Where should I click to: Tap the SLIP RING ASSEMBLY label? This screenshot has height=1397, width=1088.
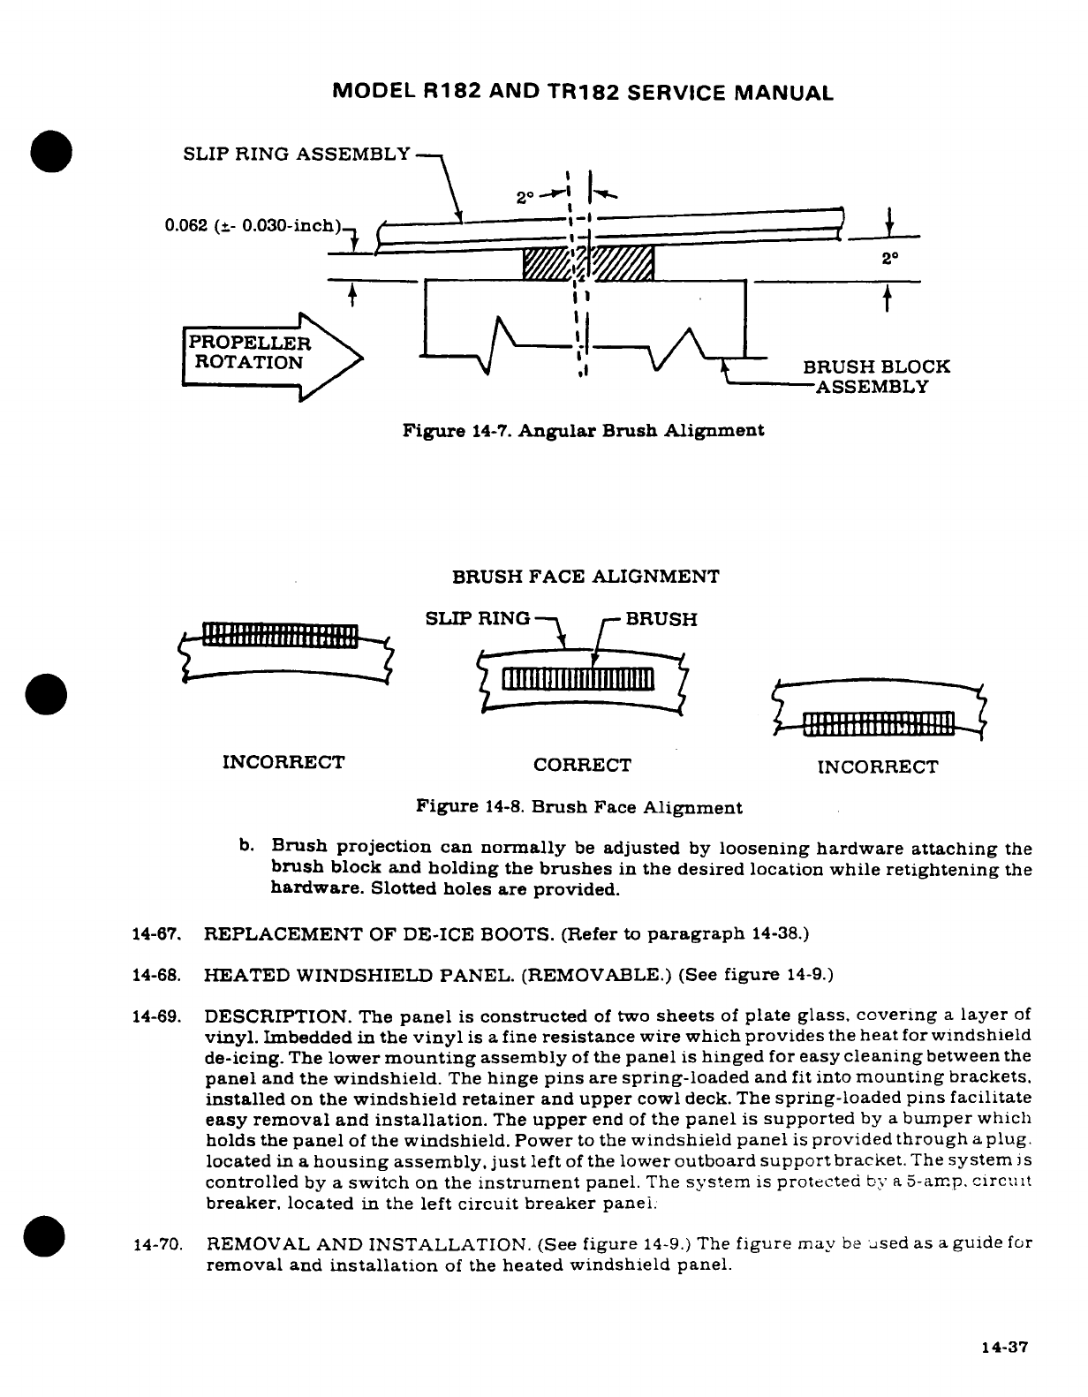click(x=297, y=154)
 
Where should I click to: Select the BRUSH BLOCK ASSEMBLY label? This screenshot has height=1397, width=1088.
click(x=875, y=377)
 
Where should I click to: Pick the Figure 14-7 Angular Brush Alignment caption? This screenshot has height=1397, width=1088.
click(x=583, y=431)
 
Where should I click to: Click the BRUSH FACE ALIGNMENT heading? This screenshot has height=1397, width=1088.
click(x=586, y=578)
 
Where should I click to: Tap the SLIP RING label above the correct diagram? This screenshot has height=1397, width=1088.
click(x=478, y=618)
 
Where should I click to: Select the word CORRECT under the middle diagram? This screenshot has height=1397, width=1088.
click(x=583, y=765)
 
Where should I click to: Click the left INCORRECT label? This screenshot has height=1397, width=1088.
click(x=283, y=761)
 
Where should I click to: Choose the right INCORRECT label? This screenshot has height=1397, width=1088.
click(x=878, y=766)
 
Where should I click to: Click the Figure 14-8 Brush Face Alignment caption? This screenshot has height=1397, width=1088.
click(x=578, y=807)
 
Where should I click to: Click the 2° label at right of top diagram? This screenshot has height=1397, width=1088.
click(x=890, y=260)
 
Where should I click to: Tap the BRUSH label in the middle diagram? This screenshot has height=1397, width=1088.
click(x=661, y=618)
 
